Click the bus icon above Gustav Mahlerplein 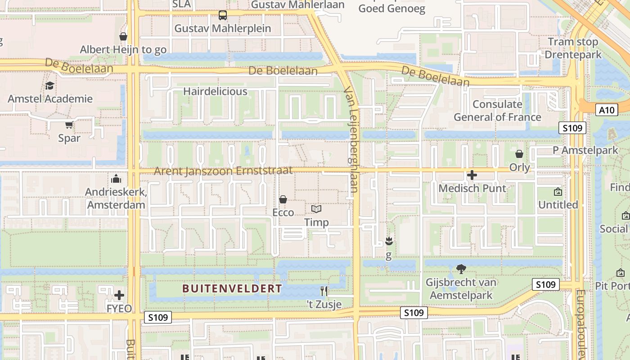tap(223, 15)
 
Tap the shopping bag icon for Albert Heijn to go tap(123, 36)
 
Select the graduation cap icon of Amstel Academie tap(49, 85)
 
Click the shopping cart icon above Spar tap(69, 125)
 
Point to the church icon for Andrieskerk tap(116, 179)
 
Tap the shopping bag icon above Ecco tap(283, 199)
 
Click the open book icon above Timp tap(316, 209)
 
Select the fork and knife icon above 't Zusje tap(324, 291)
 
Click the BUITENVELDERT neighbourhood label tap(232, 288)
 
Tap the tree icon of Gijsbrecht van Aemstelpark tap(461, 269)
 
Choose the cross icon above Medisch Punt tap(472, 175)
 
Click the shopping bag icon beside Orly tap(519, 154)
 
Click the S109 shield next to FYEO tap(158, 317)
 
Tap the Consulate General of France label tap(497, 111)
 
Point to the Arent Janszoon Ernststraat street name tap(223, 171)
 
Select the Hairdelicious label tap(215, 91)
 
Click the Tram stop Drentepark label tap(573, 48)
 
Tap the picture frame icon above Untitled tap(558, 192)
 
